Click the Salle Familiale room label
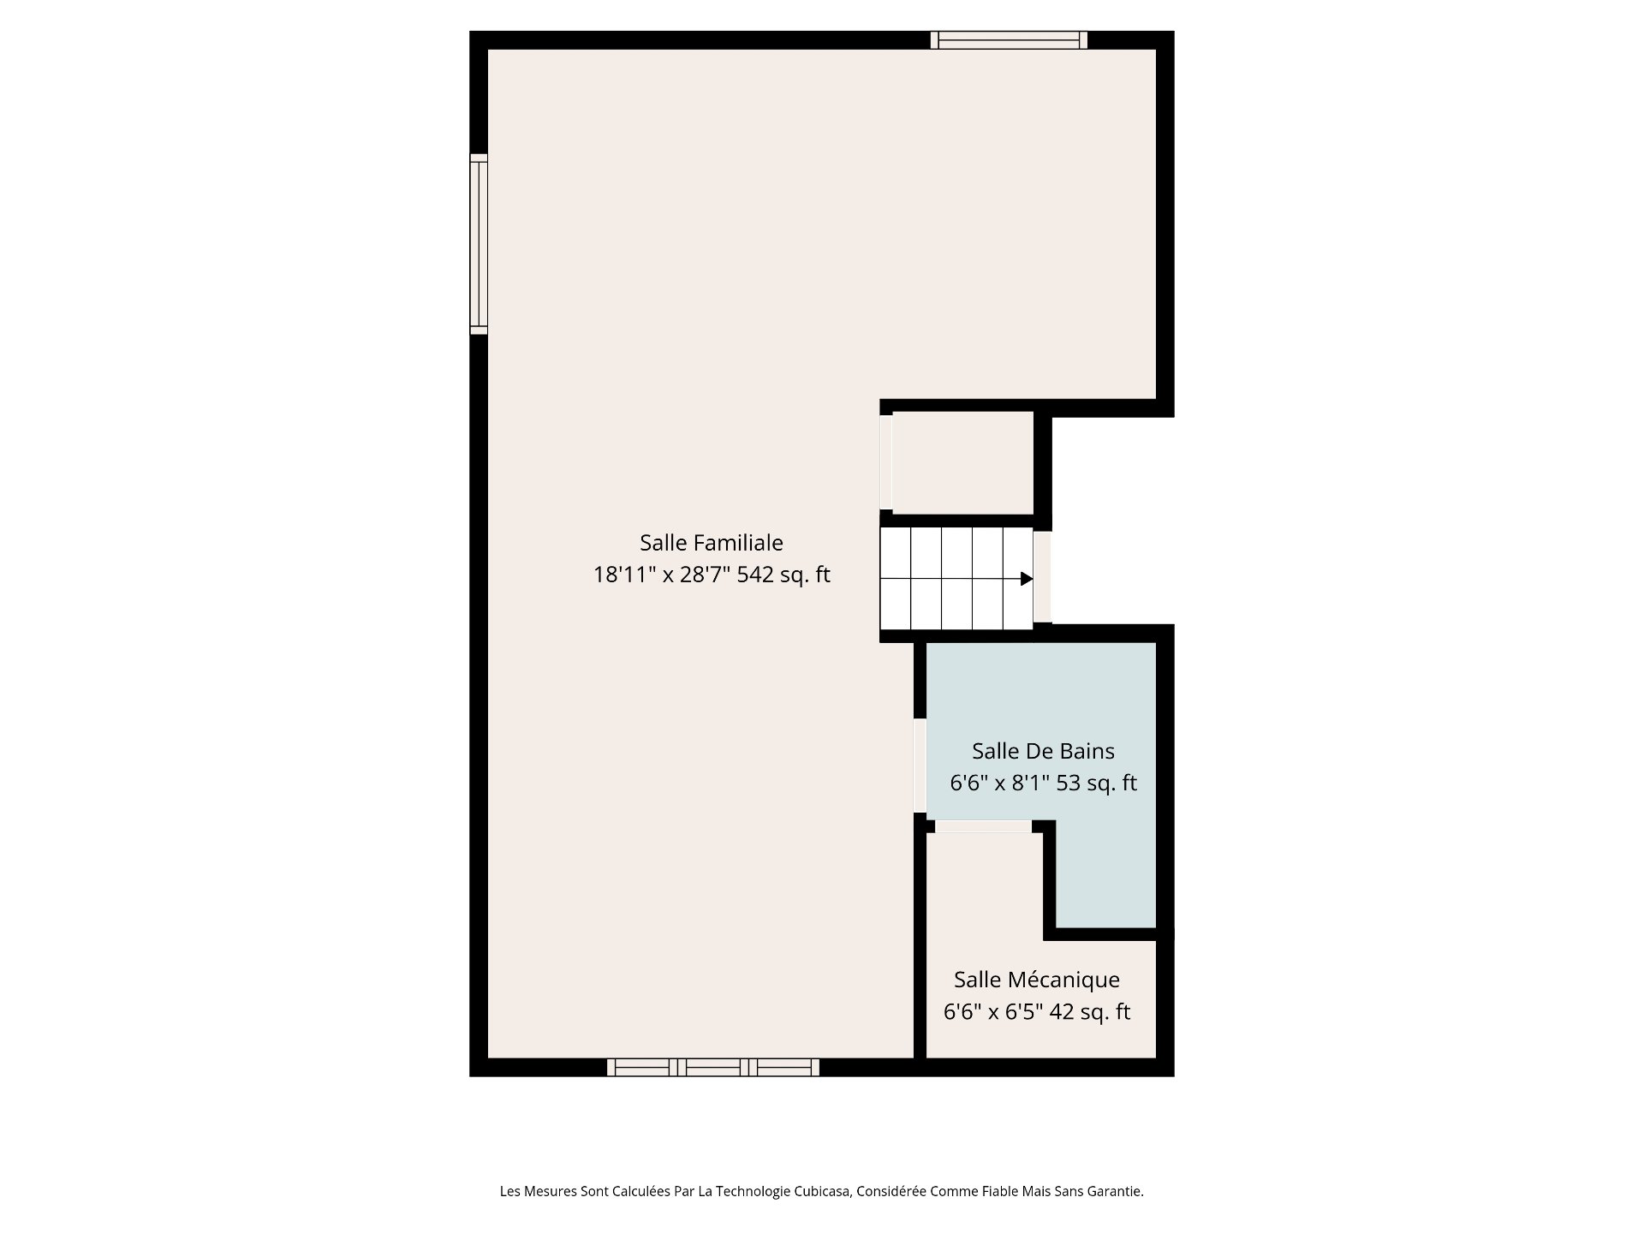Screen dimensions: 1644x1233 (x=712, y=543)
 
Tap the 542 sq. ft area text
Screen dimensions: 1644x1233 (x=783, y=575)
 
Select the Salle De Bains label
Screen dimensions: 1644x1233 (x=1043, y=751)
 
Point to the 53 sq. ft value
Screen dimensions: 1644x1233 (x=1097, y=783)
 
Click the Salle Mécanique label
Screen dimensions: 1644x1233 (x=1037, y=980)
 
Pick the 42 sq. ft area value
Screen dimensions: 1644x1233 (x=1090, y=1012)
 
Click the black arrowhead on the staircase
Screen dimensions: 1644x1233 (x=1027, y=579)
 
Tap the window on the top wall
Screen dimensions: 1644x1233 (x=1010, y=39)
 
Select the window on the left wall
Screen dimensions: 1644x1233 (x=479, y=244)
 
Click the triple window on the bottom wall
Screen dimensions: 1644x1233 (x=713, y=1067)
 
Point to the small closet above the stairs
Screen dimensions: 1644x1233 (x=963, y=462)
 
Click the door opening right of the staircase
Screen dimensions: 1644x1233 (x=1042, y=577)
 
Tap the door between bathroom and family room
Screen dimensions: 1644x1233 (x=920, y=765)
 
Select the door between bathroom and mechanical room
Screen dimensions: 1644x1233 (x=983, y=826)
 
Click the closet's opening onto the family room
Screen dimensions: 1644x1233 (x=886, y=462)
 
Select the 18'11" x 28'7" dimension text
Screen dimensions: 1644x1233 (x=662, y=575)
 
